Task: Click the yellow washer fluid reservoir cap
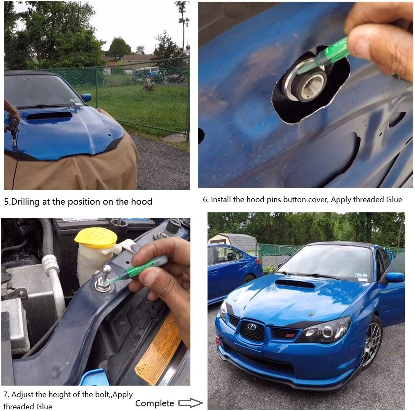[96, 238]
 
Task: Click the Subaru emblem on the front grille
[251, 327]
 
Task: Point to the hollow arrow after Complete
[190, 403]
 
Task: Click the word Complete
[155, 403]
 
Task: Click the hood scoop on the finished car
[295, 284]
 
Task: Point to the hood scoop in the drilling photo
[49, 115]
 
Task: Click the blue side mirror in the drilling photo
[86, 97]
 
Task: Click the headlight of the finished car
[325, 330]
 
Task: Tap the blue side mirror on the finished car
[395, 277]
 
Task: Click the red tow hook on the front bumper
[218, 341]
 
